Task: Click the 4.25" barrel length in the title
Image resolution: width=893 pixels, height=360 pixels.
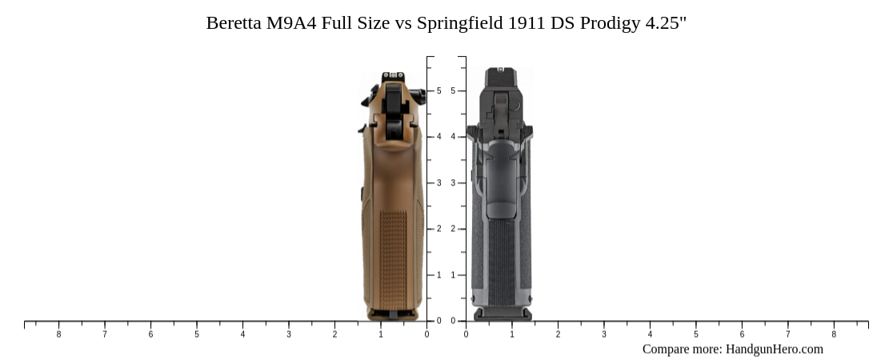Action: (665, 22)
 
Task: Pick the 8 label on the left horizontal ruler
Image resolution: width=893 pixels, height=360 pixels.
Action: (58, 334)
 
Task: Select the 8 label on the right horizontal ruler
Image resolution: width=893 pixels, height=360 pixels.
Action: (834, 334)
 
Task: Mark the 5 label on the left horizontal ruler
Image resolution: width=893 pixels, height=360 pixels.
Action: (197, 334)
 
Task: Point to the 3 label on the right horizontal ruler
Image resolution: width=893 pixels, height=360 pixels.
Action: (604, 334)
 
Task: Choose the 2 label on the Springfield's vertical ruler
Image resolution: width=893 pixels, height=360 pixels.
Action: (454, 229)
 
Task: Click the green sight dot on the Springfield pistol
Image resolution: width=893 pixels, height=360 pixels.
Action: (500, 70)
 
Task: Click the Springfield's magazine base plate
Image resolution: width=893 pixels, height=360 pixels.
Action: (502, 314)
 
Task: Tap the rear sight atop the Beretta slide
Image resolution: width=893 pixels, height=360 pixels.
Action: (393, 76)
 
